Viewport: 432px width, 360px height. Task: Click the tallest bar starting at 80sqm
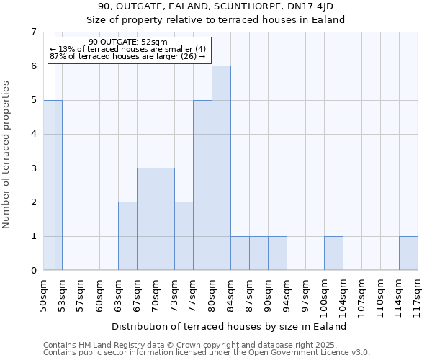[221, 168]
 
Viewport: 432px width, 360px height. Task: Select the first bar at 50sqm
[53, 185]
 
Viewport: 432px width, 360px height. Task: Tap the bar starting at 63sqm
[127, 236]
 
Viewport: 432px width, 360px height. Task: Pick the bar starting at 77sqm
[202, 185]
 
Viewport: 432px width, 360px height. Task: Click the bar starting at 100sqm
[333, 253]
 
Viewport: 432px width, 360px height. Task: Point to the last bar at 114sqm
[408, 253]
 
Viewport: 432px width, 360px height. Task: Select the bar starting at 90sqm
[277, 253]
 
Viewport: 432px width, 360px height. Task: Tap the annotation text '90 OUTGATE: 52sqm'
[127, 42]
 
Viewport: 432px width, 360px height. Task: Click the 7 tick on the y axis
[33, 32]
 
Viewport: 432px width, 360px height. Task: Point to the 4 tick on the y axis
[33, 134]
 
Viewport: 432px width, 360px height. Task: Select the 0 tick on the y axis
[33, 271]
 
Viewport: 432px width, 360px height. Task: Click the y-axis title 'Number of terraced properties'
[7, 154]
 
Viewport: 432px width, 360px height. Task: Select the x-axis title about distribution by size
[230, 326]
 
